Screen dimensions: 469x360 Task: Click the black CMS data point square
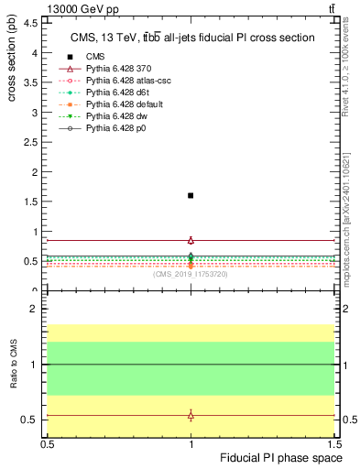191,195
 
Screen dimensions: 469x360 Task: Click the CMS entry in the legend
95,58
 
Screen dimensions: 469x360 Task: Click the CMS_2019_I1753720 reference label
191,273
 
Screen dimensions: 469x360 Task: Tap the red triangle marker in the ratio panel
191,416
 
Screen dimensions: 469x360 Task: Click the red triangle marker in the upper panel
191,240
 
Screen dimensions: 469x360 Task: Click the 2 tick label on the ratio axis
34,310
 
